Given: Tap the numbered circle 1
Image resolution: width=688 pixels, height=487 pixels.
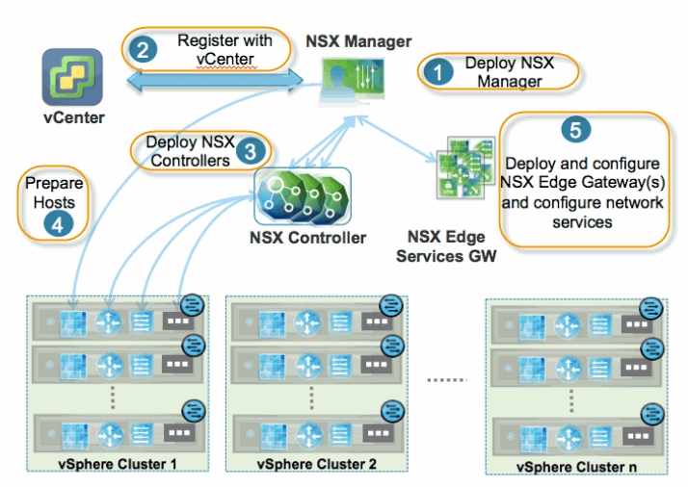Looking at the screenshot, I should coord(442,72).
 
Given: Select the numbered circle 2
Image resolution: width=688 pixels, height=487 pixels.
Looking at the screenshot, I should coord(143,49).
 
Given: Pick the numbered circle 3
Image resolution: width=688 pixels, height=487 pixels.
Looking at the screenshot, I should coord(251,151).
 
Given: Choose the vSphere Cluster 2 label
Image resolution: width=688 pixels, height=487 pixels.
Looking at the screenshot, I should coord(316,464).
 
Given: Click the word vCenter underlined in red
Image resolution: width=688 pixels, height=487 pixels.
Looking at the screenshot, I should coord(223,60).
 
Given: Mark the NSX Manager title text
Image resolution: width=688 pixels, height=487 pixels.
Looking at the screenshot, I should coord(358,41).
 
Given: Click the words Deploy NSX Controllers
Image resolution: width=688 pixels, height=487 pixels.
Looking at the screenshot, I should coord(190,151).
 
